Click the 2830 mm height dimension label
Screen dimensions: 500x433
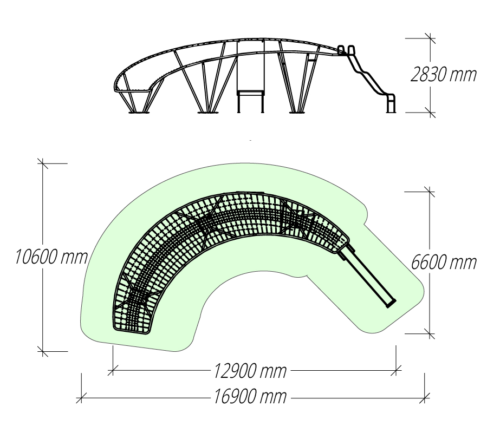pyautogui.click(x=443, y=75)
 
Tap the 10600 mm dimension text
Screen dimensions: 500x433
pyautogui.click(x=51, y=257)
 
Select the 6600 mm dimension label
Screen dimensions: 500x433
pyautogui.click(x=444, y=263)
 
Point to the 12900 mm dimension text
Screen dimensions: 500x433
pyautogui.click(x=250, y=371)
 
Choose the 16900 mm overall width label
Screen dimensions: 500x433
pyautogui.click(x=250, y=397)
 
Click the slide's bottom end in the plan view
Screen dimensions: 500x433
pyautogui.click(x=391, y=304)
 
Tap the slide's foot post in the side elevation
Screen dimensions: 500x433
pyautogui.click(x=391, y=103)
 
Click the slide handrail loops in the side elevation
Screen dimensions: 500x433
pyautogui.click(x=346, y=50)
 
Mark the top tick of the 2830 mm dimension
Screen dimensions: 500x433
pyautogui.click(x=431, y=38)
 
